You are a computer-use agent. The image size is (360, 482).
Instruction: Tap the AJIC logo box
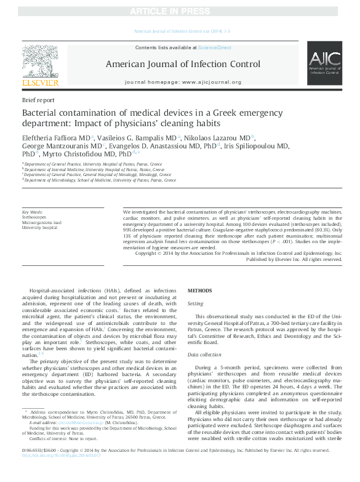(325, 64)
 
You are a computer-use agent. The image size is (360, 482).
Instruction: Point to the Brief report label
(38, 100)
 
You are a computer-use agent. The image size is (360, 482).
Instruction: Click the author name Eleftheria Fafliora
(48, 137)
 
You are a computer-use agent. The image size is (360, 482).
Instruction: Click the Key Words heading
(33, 211)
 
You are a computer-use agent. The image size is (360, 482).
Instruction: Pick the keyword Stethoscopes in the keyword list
(34, 217)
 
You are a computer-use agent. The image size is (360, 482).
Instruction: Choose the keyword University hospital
(39, 228)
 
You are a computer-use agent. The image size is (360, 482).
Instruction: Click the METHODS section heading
(199, 289)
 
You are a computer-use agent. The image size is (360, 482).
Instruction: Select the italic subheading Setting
(195, 303)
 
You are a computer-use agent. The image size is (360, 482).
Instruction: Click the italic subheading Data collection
(205, 355)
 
